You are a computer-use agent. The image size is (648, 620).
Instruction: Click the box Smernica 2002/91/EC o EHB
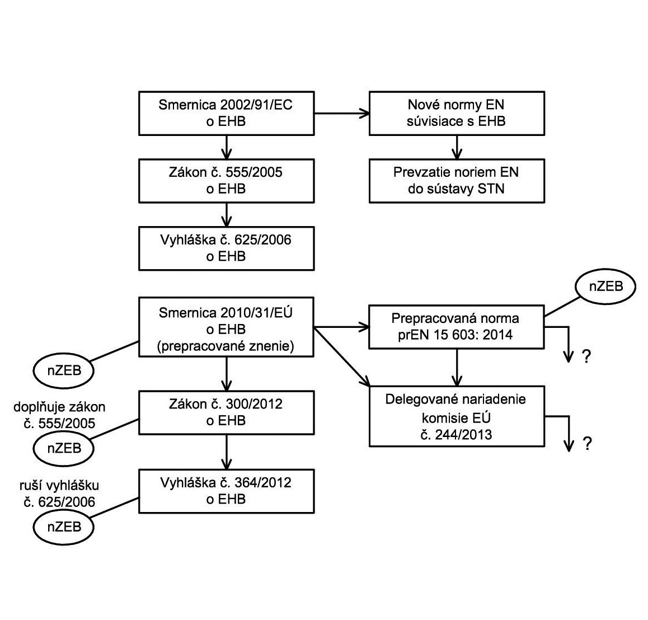226,114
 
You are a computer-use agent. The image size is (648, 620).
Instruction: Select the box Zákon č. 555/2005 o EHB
226,181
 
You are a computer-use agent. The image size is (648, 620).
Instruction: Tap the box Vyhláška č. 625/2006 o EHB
226,248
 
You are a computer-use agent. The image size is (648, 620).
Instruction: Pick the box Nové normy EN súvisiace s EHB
457,114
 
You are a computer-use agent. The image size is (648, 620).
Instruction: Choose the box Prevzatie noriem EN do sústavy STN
457,181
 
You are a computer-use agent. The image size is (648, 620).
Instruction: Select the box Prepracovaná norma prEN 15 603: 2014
457,327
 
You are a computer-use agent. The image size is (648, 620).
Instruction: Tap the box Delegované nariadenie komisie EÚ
457,416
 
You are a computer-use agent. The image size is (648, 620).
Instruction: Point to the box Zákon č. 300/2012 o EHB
226,413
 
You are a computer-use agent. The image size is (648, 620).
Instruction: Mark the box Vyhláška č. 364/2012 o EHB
226,491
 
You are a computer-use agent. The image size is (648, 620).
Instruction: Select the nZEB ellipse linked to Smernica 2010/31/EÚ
64,370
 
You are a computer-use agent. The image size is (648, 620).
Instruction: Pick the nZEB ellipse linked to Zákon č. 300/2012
64,448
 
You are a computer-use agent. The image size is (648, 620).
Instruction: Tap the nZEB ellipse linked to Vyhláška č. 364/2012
64,527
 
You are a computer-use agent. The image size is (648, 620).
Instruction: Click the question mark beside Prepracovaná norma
586,356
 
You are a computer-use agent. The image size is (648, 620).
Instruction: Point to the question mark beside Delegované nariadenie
586,444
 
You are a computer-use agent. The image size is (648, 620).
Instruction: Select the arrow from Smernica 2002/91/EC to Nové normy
341,114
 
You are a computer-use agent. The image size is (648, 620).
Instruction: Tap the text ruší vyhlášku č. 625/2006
59,494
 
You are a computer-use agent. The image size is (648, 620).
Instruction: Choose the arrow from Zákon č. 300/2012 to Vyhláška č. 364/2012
226,452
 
